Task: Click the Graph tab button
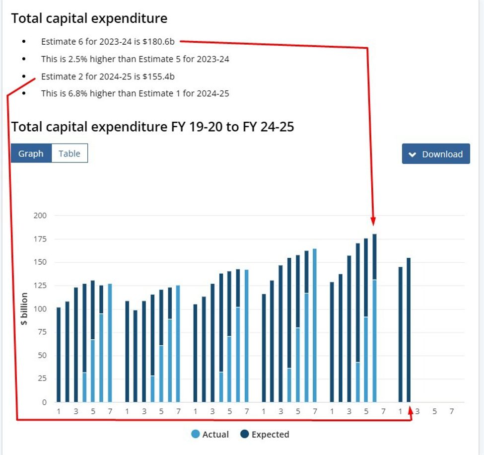coord(31,153)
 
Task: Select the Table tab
coord(69,153)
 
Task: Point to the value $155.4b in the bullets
coord(158,76)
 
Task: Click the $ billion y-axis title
coord(24,309)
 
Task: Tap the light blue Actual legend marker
coord(196,434)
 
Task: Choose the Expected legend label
coord(270,435)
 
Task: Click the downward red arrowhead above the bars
coord(373,221)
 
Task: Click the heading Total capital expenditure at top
coord(89,18)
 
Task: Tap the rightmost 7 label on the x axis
coord(452,412)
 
